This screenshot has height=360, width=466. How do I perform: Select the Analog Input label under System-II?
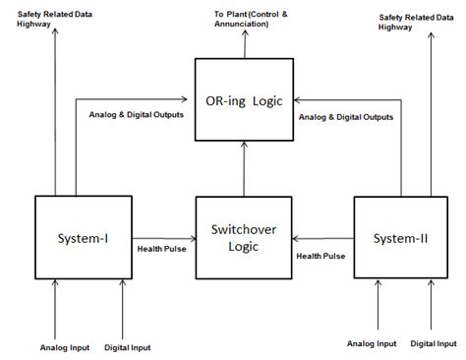[373, 343]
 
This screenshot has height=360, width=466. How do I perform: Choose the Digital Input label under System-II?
[434, 343]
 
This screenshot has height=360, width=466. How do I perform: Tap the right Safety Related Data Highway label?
[413, 22]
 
